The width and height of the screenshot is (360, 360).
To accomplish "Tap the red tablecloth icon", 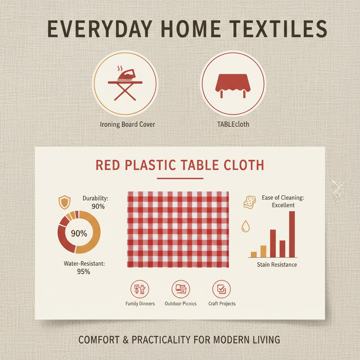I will tap(233, 85).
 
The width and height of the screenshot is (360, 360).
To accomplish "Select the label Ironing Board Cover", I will tap(128, 124).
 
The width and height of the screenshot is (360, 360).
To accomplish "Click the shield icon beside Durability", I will tap(64, 202).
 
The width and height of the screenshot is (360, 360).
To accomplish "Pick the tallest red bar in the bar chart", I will tap(292, 234).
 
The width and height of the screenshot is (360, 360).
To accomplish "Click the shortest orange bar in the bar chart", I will tap(254, 255).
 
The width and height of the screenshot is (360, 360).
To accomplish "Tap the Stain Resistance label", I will tap(277, 264).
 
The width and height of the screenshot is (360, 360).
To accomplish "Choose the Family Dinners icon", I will tap(140, 289).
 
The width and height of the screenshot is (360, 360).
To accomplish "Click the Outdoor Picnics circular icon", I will tap(180, 289).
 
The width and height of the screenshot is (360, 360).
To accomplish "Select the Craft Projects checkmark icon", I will tap(221, 289).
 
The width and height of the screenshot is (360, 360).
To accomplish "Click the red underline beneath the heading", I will tap(180, 178).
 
